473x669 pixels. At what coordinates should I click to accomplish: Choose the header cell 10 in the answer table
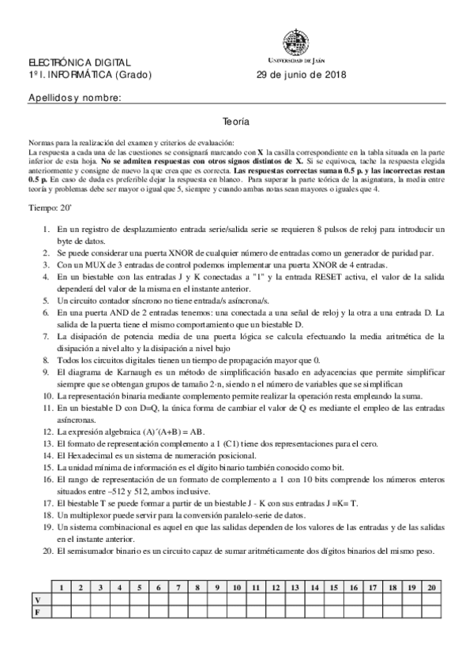point(236,587)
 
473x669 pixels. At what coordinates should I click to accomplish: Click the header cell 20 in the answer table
point(430,587)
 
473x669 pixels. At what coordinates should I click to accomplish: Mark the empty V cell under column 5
point(139,599)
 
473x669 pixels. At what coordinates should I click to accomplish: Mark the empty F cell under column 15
point(333,611)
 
